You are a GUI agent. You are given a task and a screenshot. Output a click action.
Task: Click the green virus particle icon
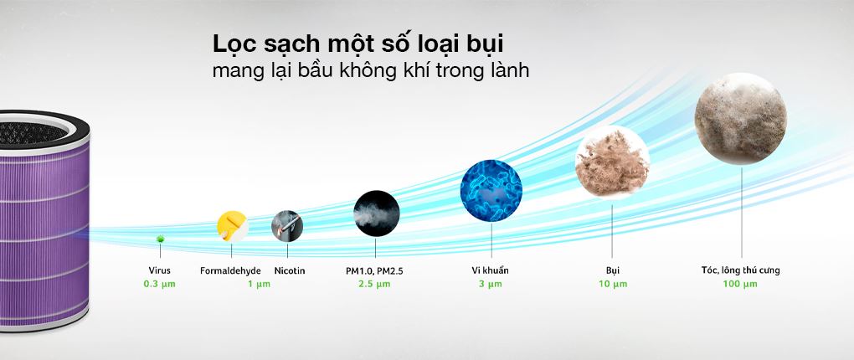(x=160, y=239)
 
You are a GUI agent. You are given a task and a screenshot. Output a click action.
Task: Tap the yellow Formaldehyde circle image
(x=233, y=227)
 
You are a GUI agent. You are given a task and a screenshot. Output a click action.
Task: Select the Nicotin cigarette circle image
(x=287, y=226)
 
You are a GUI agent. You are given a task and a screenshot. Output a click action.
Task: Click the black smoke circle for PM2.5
(x=377, y=213)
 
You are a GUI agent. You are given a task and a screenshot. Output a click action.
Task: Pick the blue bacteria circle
(x=491, y=190)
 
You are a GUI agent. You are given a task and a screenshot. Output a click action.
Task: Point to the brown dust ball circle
(x=612, y=162)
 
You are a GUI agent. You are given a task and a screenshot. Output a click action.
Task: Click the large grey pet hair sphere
(x=740, y=118)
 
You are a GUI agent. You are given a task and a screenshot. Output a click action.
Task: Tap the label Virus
(x=160, y=270)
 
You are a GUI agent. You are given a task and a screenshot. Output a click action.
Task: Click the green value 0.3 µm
(x=160, y=284)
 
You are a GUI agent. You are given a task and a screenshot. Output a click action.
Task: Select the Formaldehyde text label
(x=230, y=270)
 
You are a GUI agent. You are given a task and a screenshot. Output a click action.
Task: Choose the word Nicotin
(x=290, y=270)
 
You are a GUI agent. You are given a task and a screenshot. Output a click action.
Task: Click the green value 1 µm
(x=259, y=285)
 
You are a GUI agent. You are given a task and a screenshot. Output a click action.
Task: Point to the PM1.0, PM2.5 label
(x=374, y=270)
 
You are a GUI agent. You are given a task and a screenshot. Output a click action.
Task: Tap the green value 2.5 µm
(x=374, y=284)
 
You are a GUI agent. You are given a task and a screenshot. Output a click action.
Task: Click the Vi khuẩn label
(x=491, y=270)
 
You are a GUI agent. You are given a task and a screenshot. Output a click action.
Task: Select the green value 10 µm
(x=612, y=284)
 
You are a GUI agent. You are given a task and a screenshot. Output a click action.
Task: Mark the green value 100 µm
(x=739, y=284)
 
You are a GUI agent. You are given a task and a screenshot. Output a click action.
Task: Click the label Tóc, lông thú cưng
(x=740, y=270)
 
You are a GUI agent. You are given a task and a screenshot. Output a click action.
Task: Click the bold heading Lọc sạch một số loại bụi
(x=358, y=44)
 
